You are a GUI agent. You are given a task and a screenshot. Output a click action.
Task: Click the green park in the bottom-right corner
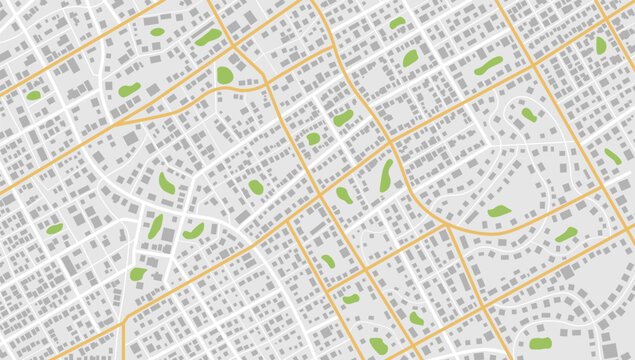click(541, 343)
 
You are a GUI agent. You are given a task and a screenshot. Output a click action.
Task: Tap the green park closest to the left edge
click(33, 96)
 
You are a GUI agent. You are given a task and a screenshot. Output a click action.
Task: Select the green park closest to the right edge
click(612, 156)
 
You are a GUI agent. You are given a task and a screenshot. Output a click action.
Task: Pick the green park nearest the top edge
click(398, 22)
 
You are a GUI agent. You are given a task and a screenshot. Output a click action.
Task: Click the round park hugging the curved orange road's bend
click(225, 75)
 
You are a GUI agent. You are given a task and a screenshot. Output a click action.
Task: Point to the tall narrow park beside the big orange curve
click(386, 175)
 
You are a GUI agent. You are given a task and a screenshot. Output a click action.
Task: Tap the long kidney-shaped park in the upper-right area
click(488, 66)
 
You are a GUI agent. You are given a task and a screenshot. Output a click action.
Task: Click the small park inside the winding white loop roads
click(528, 114)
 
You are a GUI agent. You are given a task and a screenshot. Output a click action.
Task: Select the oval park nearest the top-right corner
click(601, 45)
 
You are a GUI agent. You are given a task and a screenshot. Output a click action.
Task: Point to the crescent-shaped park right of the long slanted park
click(193, 231)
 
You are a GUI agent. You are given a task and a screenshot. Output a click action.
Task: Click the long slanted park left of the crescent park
click(156, 226)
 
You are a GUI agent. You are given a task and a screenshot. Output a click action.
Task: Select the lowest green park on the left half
click(137, 273)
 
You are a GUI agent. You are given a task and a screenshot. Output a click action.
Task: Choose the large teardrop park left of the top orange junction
click(208, 37)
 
